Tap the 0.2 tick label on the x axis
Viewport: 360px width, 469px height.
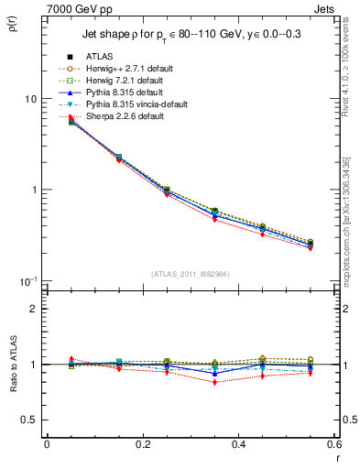pyautogui.click(x=142, y=444)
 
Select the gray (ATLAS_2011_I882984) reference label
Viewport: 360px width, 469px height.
pyautogui.click(x=190, y=274)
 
